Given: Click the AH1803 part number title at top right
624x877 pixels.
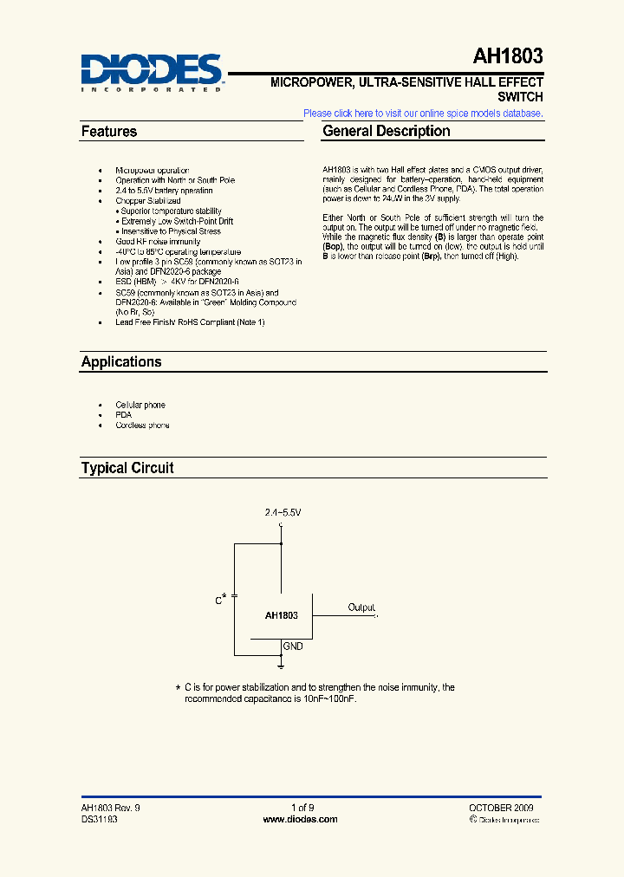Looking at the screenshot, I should tap(508, 57).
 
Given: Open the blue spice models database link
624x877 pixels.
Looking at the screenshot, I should tap(423, 114).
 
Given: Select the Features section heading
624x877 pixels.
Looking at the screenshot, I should tap(109, 132).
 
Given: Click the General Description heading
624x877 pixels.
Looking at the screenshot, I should tap(387, 132).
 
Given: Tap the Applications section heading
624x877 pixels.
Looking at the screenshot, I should tap(121, 362).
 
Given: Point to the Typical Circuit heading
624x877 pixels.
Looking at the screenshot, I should tap(127, 468).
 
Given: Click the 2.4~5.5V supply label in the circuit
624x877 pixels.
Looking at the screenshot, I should tap(283, 513).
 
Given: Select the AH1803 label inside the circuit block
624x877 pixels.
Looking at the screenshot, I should tap(281, 615).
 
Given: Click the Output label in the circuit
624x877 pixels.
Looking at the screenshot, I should tap(361, 607).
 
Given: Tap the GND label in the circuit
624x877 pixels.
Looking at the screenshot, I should tap(293, 646).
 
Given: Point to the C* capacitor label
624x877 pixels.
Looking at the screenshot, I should tap(221, 599).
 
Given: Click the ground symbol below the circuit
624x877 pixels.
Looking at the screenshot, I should tap(282, 665).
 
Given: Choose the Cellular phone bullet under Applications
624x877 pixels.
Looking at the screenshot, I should tap(140, 405).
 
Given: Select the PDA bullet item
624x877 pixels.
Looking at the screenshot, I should tap(123, 415).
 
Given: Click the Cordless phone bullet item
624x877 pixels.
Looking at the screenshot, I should tap(142, 426).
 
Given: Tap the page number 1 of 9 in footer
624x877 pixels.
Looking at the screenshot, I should tap(302, 808).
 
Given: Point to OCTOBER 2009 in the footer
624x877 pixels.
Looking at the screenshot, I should tap(501, 808).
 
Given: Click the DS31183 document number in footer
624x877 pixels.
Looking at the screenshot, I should tap(100, 819).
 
